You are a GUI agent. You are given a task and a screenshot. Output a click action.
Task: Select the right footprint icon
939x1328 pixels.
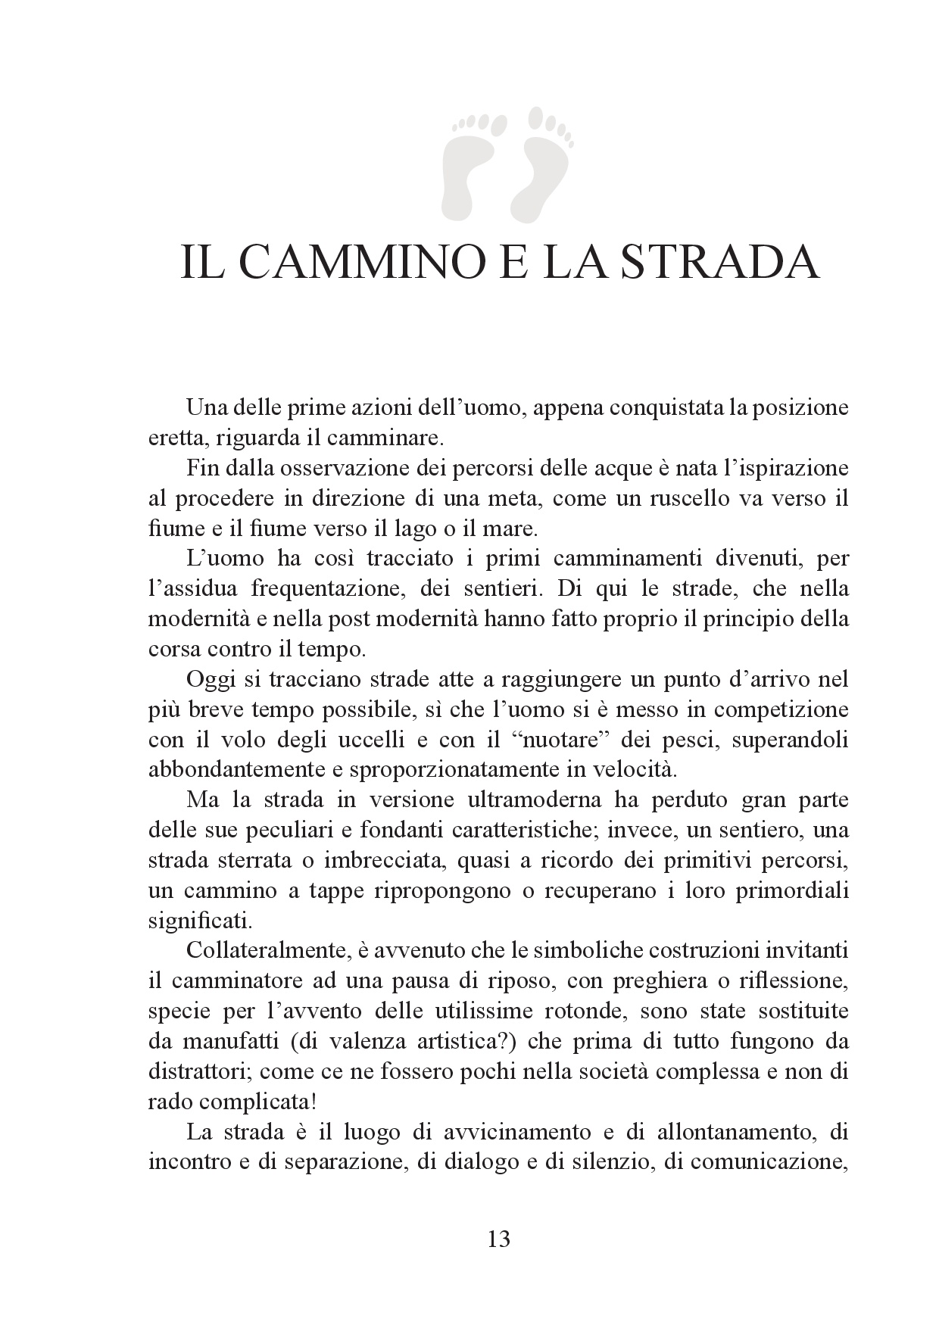pos(547,154)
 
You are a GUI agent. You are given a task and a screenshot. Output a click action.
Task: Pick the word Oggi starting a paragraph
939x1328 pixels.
pos(209,679)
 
